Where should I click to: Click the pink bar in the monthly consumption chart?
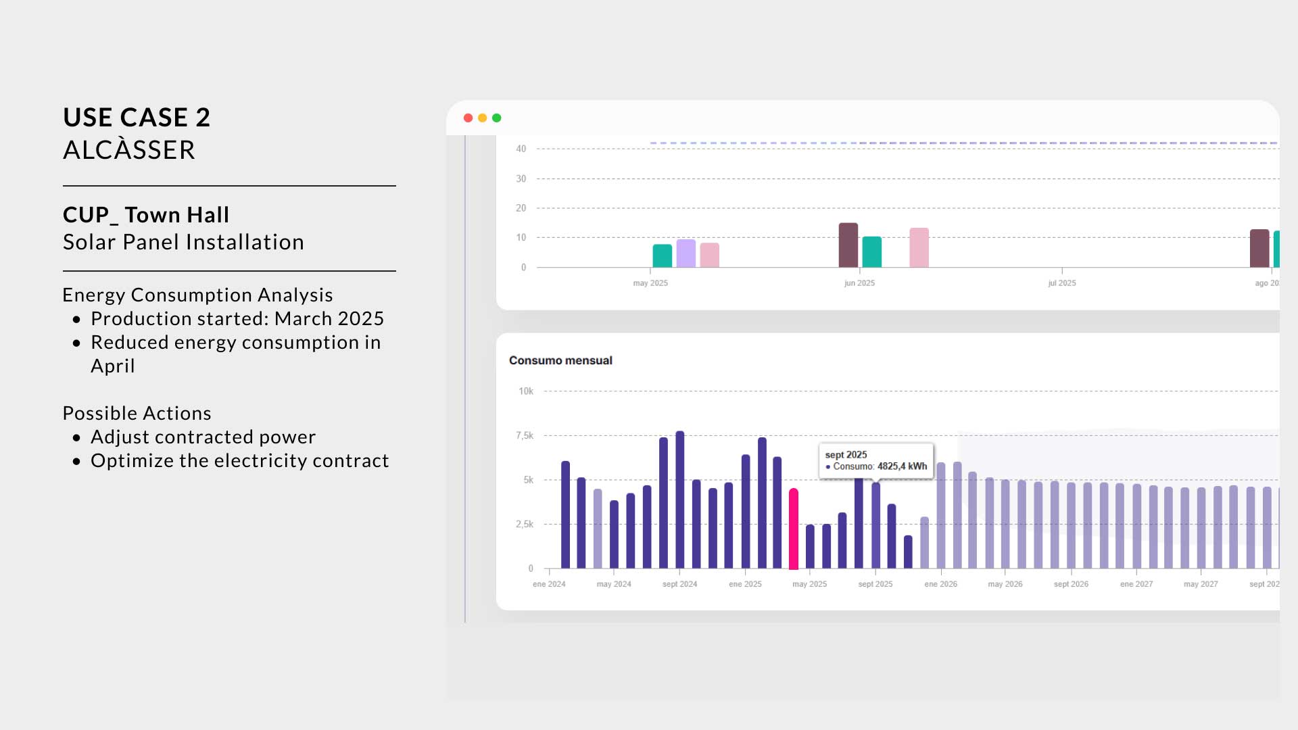pos(794,529)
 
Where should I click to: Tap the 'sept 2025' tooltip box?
pos(876,461)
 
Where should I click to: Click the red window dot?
pos(468,118)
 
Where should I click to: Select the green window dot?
pos(497,118)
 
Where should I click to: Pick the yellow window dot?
pos(483,118)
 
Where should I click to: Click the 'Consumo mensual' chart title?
pos(560,361)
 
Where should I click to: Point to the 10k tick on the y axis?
pos(526,391)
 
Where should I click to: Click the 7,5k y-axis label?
pos(525,436)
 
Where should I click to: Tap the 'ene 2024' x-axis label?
pos(549,584)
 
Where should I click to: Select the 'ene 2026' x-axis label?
pos(941,584)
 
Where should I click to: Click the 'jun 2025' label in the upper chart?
pos(859,283)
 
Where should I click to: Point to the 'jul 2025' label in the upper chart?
pos(1062,283)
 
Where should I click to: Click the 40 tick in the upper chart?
pos(521,149)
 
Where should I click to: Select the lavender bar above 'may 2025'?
pos(686,253)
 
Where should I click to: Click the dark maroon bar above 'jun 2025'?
pos(848,245)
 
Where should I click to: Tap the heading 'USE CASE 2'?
pos(137,118)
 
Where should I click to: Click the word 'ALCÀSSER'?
pos(129,149)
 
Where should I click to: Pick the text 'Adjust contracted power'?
pos(203,437)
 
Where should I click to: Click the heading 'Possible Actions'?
pos(137,413)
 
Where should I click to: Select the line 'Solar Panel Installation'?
pos(184,242)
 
